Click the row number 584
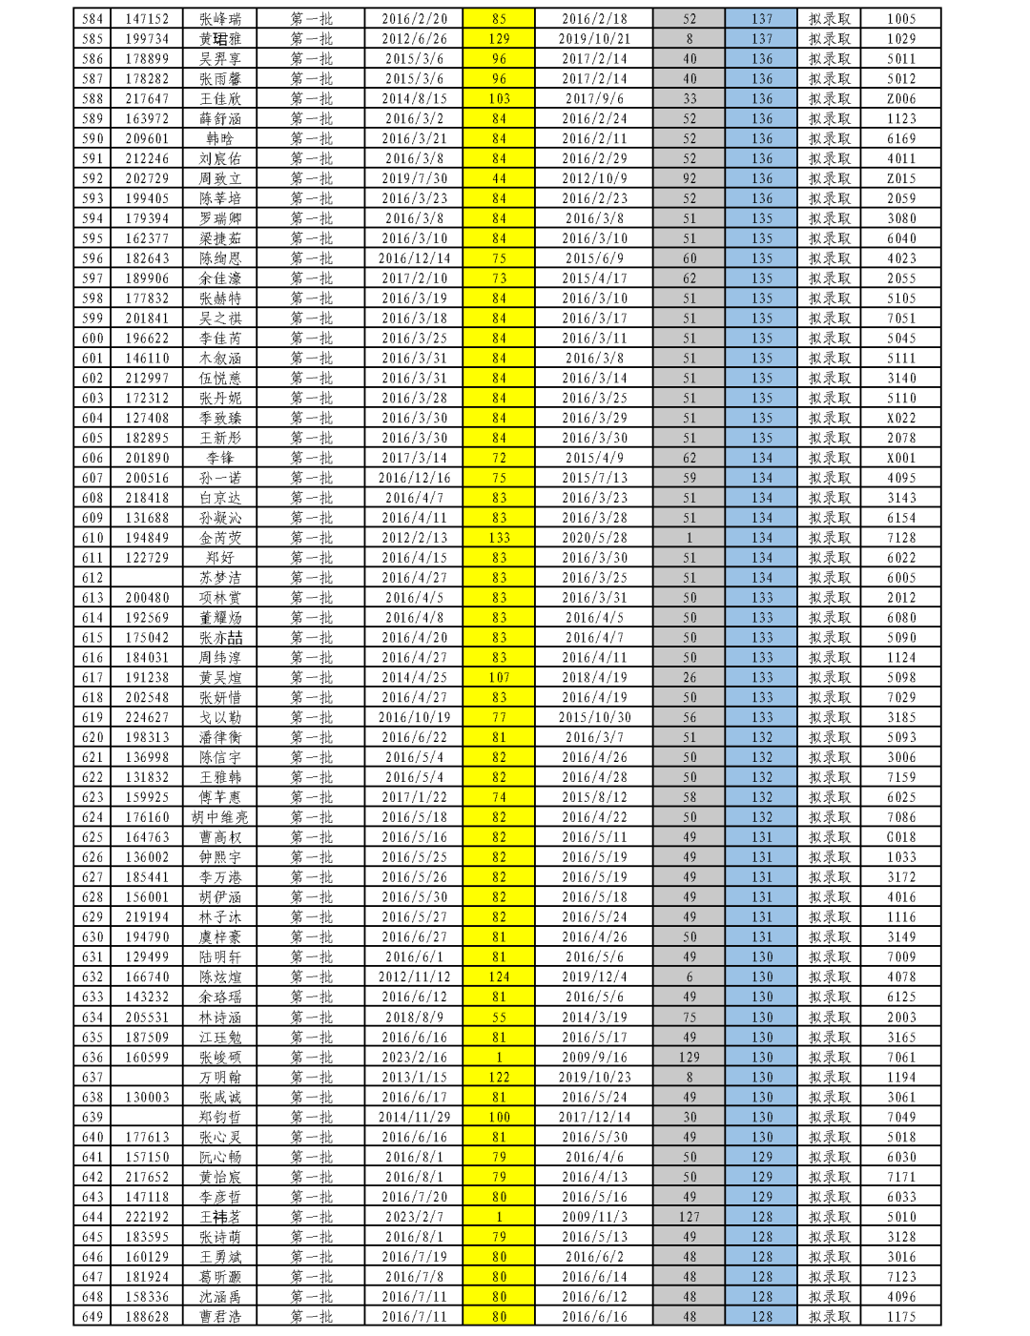pyautogui.click(x=93, y=19)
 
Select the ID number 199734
pyautogui.click(x=147, y=39)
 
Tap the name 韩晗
pyautogui.click(x=220, y=139)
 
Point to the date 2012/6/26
pyautogui.click(x=414, y=39)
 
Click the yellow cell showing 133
pyautogui.click(x=499, y=538)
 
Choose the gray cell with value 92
pyautogui.click(x=689, y=178)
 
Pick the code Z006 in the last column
pyautogui.click(x=900, y=99)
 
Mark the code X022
pyautogui.click(x=900, y=418)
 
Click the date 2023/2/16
pyautogui.click(x=414, y=1057)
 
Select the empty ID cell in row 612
pyautogui.click(x=147, y=578)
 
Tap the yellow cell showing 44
pyautogui.click(x=499, y=178)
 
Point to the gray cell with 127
pyautogui.click(x=689, y=1217)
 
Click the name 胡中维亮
pyautogui.click(x=220, y=817)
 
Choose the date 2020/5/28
pyautogui.click(x=594, y=538)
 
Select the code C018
pyautogui.click(x=900, y=837)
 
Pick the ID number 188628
pyautogui.click(x=147, y=1317)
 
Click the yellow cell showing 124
pyautogui.click(x=499, y=977)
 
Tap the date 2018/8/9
pyautogui.click(x=414, y=1017)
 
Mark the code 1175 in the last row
pyautogui.click(x=900, y=1317)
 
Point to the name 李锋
pyautogui.click(x=220, y=458)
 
